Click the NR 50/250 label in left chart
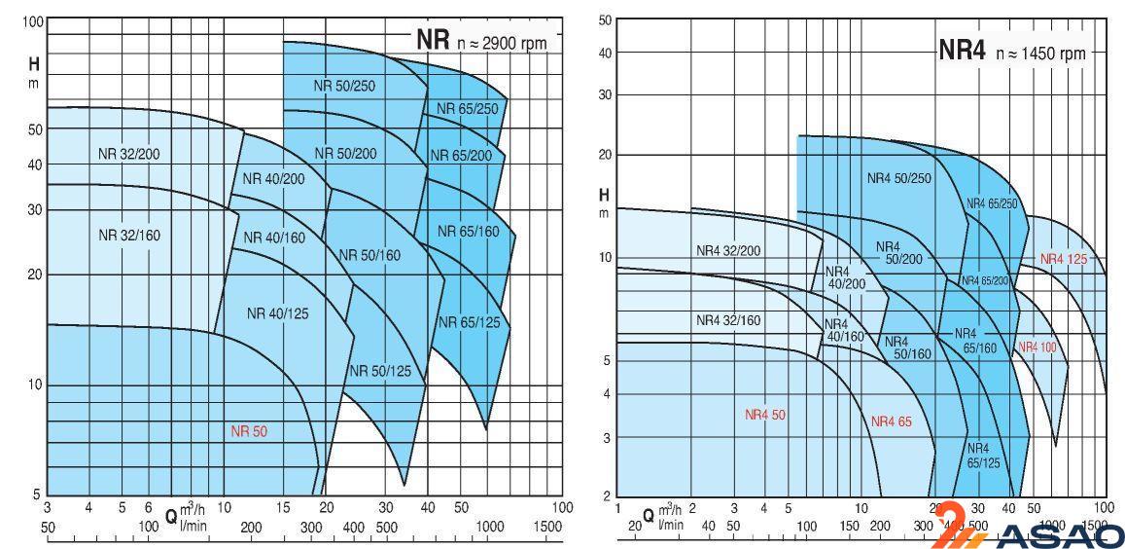coord(343,86)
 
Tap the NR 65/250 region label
coord(467,108)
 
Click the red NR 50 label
coord(248,430)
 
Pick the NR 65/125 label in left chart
coord(469,322)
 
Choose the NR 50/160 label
coord(369,255)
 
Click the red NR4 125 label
coord(1063,259)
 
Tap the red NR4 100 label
coord(1037,347)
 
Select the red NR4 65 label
coord(891,421)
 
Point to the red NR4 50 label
coord(765,415)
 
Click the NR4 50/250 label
coord(898,178)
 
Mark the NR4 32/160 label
coord(728,319)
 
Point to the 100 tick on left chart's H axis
coord(32,21)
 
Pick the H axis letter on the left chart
coord(33,65)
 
